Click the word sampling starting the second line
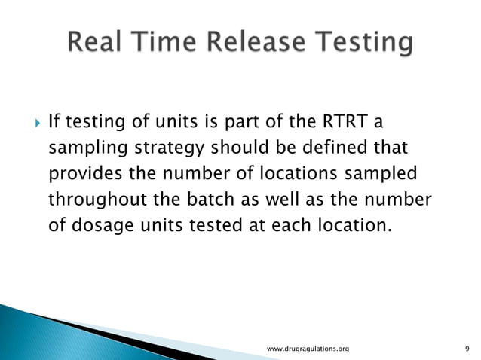[81, 148]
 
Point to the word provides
[81, 174]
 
